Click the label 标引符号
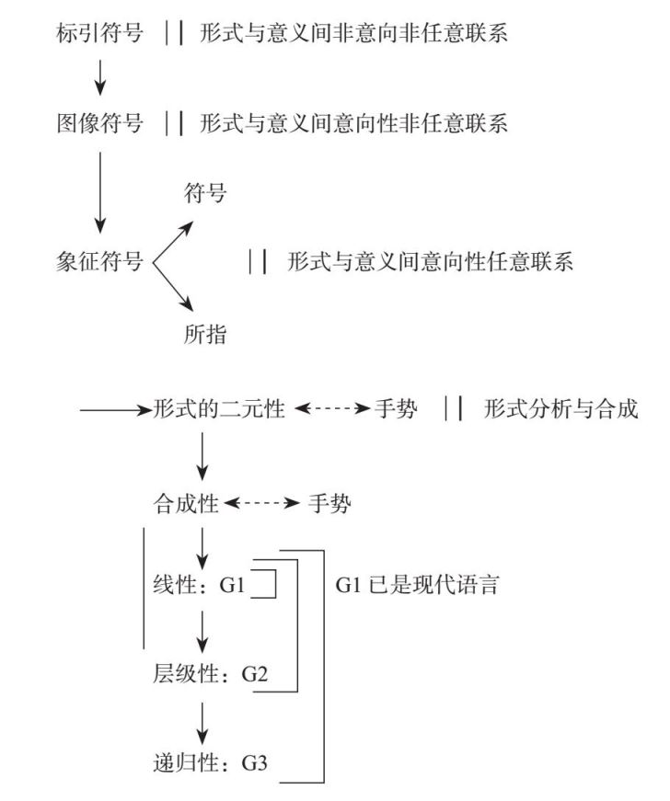(x=99, y=33)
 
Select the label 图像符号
(x=99, y=123)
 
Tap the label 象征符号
(x=99, y=261)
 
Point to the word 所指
(x=205, y=335)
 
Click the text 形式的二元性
(x=219, y=408)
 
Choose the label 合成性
(x=186, y=504)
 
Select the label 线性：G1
(x=199, y=584)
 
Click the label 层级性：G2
(x=210, y=674)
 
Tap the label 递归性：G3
(x=210, y=762)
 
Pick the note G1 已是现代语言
(x=417, y=584)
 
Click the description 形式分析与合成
(x=560, y=408)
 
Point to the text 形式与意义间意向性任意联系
(x=430, y=261)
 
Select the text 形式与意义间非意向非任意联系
(x=353, y=33)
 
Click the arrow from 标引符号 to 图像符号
(x=100, y=77)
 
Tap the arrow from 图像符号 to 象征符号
(x=100, y=192)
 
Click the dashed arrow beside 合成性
(x=261, y=504)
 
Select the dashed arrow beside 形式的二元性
(x=332, y=408)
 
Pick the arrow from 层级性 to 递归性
(x=202, y=724)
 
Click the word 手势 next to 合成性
(x=329, y=504)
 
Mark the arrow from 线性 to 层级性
(x=202, y=632)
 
